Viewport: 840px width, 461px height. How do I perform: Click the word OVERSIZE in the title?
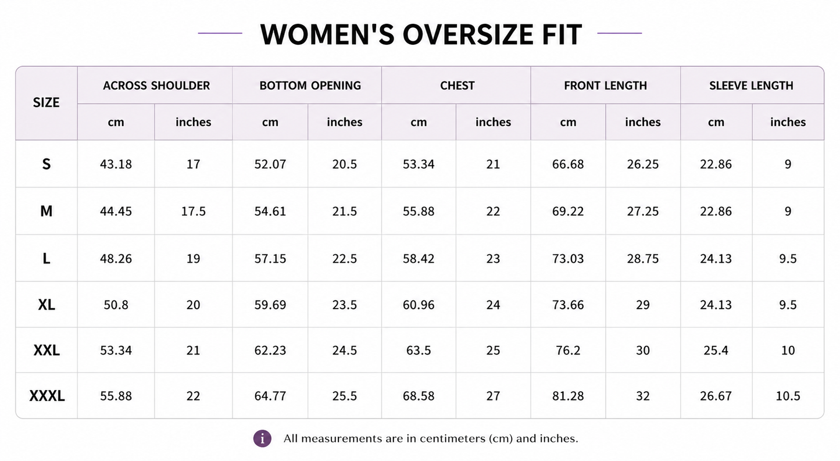click(467, 34)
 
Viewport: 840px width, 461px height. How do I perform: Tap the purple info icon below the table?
click(262, 438)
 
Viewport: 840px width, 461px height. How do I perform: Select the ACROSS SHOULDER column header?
click(156, 85)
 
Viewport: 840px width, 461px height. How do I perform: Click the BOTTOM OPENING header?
click(310, 85)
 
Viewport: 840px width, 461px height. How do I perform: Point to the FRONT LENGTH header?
click(605, 85)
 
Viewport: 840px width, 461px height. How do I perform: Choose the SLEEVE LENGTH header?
click(751, 85)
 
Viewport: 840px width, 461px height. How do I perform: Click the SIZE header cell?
click(46, 102)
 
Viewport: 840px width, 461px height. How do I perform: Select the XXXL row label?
click(47, 396)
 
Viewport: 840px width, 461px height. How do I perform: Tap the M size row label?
click(46, 211)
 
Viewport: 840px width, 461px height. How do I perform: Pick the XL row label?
click(47, 305)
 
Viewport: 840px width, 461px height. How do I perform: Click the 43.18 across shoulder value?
click(116, 164)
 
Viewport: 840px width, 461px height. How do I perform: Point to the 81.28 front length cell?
click(568, 396)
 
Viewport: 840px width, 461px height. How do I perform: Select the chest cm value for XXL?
click(419, 350)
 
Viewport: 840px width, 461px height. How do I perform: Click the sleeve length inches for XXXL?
click(788, 396)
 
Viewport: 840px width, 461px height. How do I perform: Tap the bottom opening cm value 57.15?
click(270, 259)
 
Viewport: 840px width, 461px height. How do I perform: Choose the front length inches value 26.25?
click(643, 164)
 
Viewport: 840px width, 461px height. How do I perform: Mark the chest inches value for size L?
click(493, 259)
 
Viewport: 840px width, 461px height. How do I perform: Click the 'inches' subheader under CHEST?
click(493, 122)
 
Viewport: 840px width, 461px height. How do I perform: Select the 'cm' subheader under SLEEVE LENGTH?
click(716, 122)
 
